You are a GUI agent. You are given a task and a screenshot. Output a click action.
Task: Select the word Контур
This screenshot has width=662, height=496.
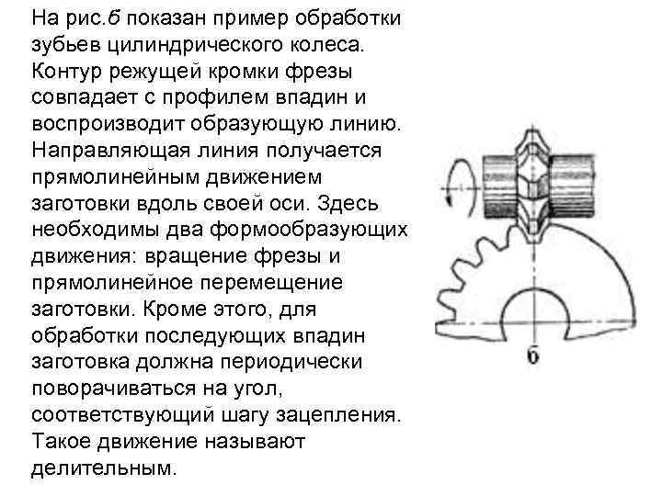[70, 71]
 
